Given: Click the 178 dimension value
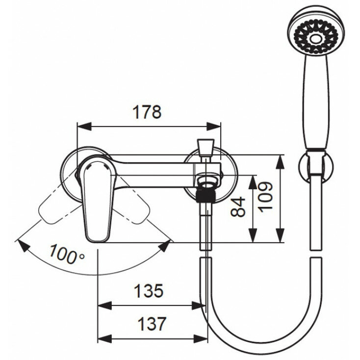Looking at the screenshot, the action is [x=147, y=112].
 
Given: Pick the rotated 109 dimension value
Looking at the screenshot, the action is [x=265, y=196].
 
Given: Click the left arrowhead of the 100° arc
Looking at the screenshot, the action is [x=21, y=243].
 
